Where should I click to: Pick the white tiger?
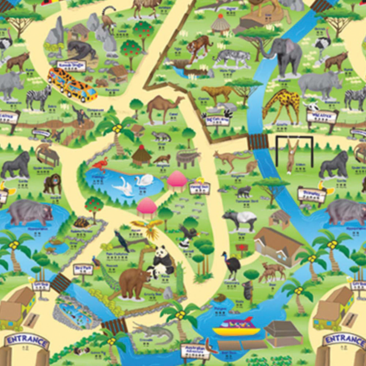[230, 58]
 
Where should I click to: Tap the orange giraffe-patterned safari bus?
[72, 83]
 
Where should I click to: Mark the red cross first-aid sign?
[241, 247]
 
